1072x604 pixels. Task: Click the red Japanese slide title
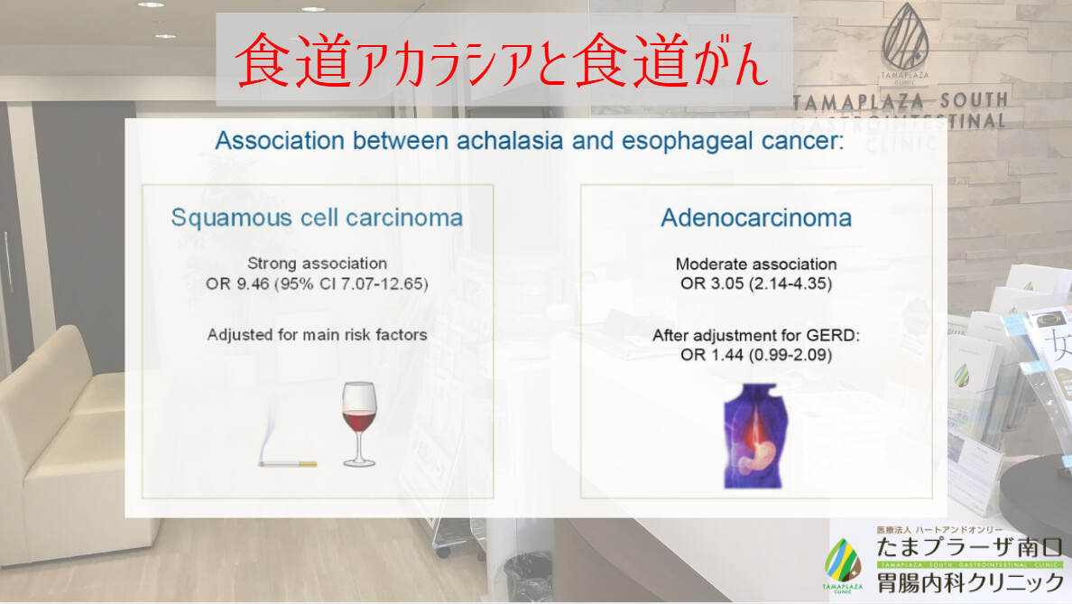coord(502,60)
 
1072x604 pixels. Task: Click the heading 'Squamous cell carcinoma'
coord(317,218)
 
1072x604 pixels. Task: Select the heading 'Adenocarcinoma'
coord(756,218)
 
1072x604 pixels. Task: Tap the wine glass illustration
coord(359,424)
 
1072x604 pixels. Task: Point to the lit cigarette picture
coord(287,444)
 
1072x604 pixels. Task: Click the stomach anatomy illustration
coord(755,436)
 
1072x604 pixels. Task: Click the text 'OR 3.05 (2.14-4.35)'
coord(756,283)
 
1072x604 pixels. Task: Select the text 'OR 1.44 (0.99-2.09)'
coord(756,355)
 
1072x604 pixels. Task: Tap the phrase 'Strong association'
coord(318,264)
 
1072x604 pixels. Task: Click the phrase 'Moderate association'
coord(756,264)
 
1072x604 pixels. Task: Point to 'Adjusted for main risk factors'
coord(318,334)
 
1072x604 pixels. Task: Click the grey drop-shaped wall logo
coord(904,37)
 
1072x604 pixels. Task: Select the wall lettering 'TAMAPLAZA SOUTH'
coord(901,102)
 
